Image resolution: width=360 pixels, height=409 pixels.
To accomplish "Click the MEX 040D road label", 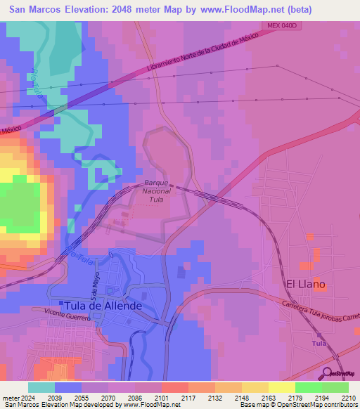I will [283, 25].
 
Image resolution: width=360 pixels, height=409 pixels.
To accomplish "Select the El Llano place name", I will [305, 284].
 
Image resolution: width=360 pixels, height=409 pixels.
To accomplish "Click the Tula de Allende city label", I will [103, 306].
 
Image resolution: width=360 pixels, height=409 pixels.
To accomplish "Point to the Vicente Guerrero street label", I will [67, 314].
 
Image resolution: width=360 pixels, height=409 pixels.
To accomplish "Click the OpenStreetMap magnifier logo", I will [328, 373].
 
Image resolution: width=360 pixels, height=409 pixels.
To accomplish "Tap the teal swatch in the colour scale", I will [41, 387].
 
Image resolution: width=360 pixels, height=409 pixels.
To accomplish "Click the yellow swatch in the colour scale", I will [281, 387].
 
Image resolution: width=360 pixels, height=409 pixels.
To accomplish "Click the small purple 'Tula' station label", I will [319, 343].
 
